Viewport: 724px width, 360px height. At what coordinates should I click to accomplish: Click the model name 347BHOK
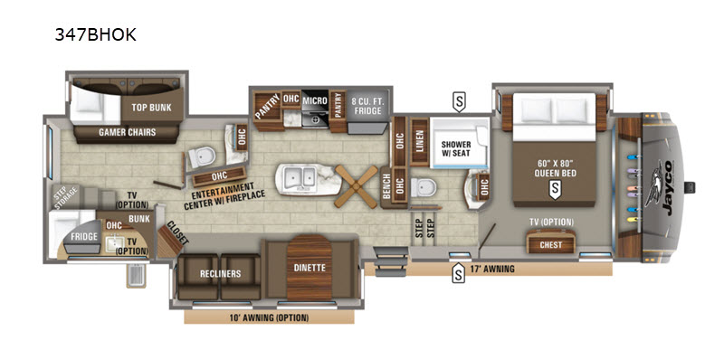[x=96, y=34]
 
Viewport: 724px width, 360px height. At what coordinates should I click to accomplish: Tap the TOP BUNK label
[x=151, y=108]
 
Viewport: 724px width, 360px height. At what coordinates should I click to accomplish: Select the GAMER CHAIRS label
[x=127, y=132]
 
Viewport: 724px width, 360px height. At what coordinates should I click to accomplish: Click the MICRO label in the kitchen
[x=315, y=100]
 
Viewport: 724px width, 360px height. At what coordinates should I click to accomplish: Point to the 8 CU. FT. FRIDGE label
[x=368, y=106]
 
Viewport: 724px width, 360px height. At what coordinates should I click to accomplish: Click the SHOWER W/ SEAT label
[x=456, y=148]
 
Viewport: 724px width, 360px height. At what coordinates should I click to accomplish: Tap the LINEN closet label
[x=420, y=142]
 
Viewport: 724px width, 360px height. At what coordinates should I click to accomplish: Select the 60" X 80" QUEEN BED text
[x=554, y=168]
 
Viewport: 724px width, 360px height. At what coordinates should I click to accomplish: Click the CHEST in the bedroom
[x=551, y=242]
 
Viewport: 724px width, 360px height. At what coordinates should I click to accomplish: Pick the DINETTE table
[x=310, y=268]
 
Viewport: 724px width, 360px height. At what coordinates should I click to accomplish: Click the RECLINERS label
[x=220, y=274]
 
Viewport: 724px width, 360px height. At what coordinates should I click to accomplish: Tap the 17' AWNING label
[x=491, y=269]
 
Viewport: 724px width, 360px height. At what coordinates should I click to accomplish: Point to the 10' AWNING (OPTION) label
[x=269, y=317]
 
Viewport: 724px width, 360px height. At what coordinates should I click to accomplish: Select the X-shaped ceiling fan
[x=356, y=186]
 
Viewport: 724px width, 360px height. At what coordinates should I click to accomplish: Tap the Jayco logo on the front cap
[x=662, y=187]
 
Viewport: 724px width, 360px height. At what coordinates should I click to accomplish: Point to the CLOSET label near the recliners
[x=177, y=232]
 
